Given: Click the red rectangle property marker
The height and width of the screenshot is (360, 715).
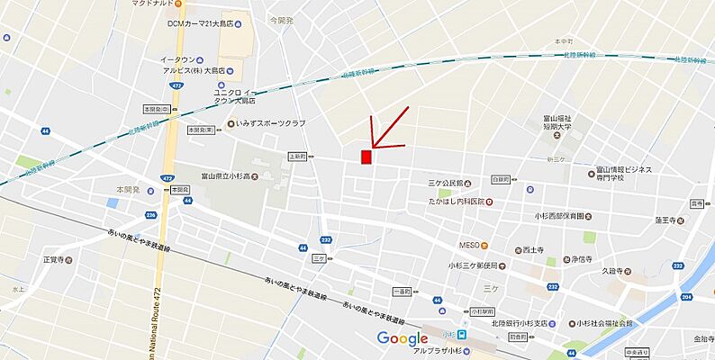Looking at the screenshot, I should point(367,157).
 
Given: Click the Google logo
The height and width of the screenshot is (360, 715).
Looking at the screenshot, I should point(402,338).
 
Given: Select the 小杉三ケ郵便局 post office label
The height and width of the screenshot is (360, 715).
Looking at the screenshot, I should point(480,265).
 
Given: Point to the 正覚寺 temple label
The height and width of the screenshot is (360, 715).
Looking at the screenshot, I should point(55,259).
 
